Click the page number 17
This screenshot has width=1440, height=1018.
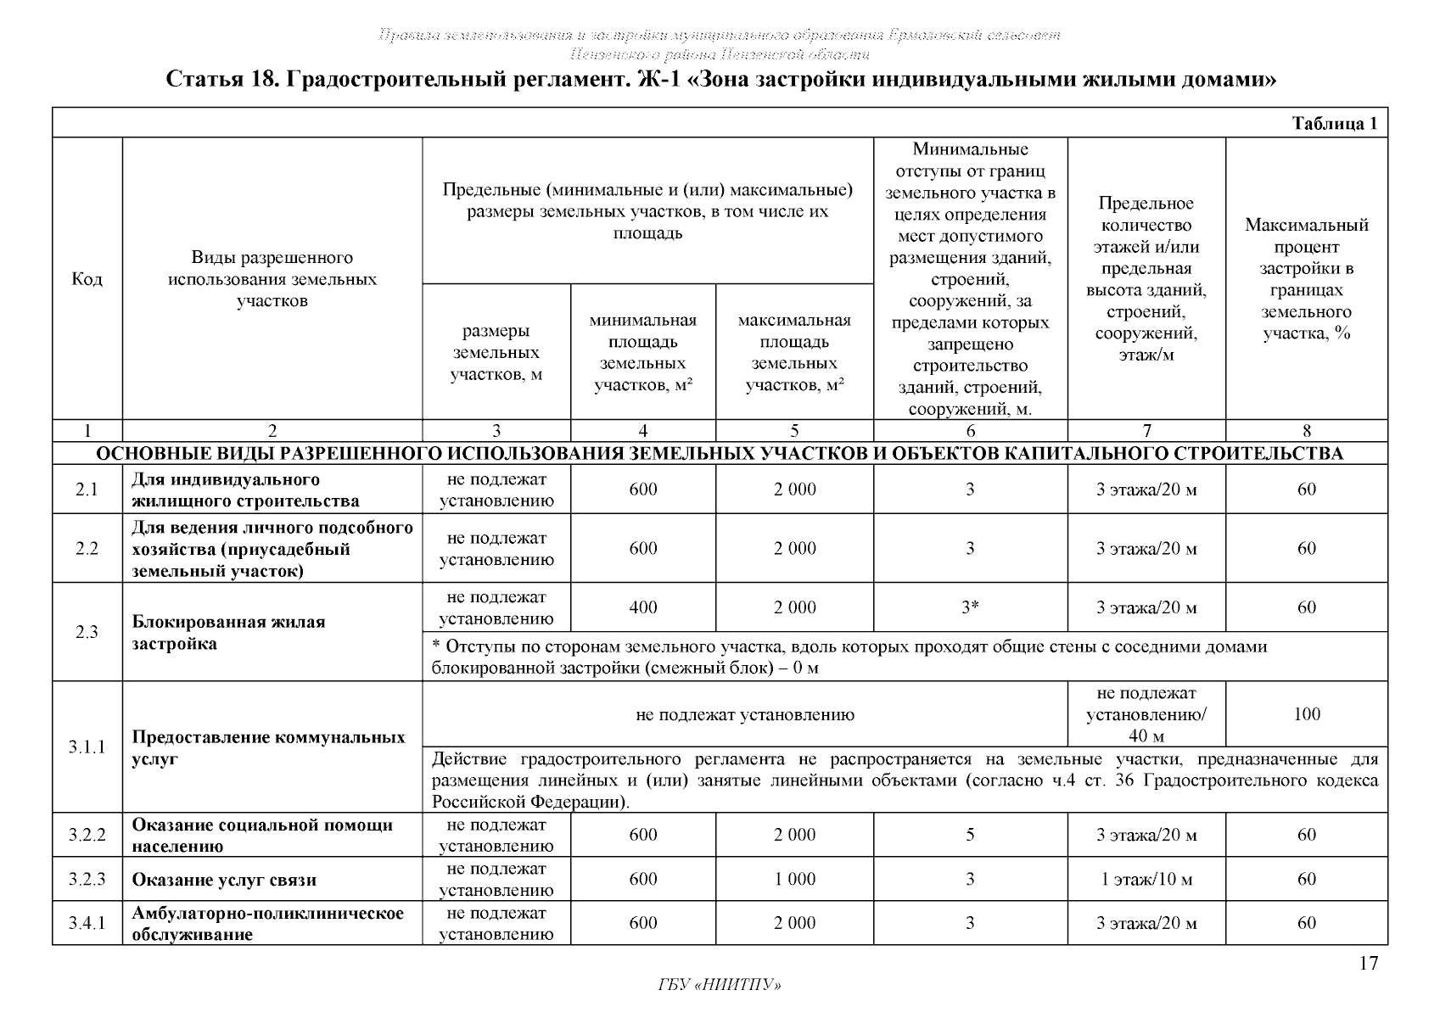click(x=1368, y=963)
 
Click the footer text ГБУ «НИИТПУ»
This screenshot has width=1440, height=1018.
click(x=720, y=985)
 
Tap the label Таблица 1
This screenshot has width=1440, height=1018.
click(x=1334, y=124)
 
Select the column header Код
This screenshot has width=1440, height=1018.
click(x=87, y=279)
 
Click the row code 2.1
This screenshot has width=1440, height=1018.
click(x=87, y=489)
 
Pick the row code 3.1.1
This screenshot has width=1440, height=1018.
click(x=87, y=747)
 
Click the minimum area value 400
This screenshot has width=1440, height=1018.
click(x=643, y=607)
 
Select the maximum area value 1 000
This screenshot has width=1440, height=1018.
click(x=794, y=879)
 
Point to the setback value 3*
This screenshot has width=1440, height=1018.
click(x=970, y=607)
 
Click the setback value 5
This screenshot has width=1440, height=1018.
click(x=970, y=835)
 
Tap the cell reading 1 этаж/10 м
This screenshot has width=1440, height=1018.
click(x=1146, y=879)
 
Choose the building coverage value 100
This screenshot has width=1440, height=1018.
click(x=1307, y=714)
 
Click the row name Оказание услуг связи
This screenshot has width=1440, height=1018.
click(x=224, y=880)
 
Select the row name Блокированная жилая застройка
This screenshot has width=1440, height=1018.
click(x=228, y=633)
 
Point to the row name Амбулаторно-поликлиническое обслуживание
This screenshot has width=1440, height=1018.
click(x=267, y=924)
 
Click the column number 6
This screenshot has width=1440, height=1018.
click(x=971, y=431)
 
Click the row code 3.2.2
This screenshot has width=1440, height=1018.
click(x=87, y=835)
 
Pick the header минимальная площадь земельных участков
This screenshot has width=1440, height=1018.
click(x=643, y=353)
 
